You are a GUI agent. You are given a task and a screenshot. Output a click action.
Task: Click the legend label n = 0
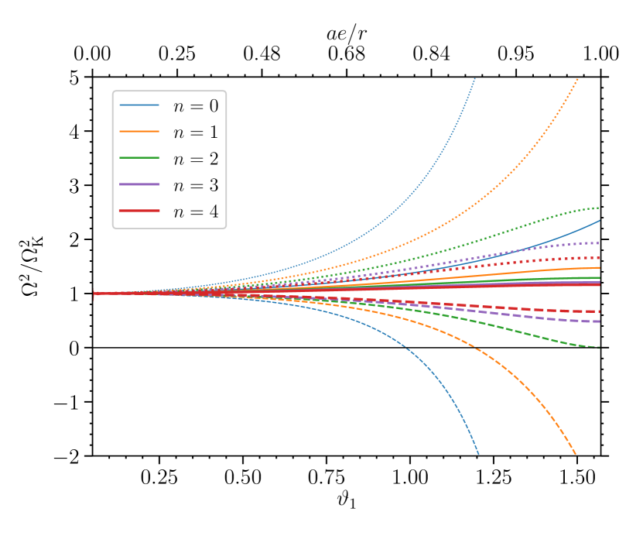click(195, 105)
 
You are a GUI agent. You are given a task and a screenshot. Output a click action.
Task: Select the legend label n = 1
click(195, 132)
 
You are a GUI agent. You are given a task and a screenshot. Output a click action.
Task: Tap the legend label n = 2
click(195, 159)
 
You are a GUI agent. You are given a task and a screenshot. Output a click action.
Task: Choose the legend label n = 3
click(195, 185)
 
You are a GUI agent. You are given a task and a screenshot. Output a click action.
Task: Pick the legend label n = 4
click(195, 211)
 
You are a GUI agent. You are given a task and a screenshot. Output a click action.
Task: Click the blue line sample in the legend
click(139, 105)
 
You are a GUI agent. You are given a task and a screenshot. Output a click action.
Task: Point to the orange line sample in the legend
click(139, 132)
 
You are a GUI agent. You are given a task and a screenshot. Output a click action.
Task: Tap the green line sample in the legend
click(139, 159)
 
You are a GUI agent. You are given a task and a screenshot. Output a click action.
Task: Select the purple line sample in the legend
click(139, 185)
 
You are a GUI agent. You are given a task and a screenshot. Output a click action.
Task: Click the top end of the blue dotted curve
click(474, 78)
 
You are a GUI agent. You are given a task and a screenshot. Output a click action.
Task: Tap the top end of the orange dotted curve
click(578, 78)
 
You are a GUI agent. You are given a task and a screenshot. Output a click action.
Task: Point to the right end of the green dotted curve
click(600, 208)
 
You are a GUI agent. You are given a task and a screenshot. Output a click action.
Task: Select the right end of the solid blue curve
click(600, 221)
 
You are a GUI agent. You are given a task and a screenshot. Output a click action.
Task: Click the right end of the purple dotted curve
click(600, 243)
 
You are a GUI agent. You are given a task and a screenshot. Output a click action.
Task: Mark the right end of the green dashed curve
click(600, 347)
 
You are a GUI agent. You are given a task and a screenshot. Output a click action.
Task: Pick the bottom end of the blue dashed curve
click(478, 454)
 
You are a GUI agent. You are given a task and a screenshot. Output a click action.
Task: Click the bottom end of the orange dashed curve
click(576, 454)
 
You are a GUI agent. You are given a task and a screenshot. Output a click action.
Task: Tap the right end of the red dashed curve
click(600, 311)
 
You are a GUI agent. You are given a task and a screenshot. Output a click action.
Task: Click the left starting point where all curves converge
click(94, 294)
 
